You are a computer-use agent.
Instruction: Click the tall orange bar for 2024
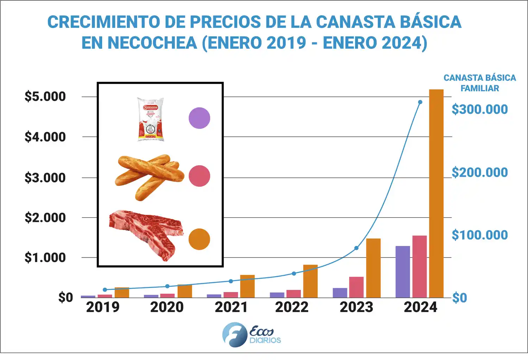click(x=436, y=194)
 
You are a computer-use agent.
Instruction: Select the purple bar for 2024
click(x=403, y=272)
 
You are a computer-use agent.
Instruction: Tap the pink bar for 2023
click(x=356, y=287)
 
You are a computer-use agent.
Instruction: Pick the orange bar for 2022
click(x=310, y=281)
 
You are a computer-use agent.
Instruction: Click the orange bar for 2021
click(x=247, y=286)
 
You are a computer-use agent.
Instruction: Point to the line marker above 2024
click(x=420, y=102)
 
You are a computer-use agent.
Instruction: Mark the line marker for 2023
click(x=356, y=248)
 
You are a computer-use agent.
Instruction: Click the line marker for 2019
click(x=105, y=290)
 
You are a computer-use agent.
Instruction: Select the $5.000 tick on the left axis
click(x=45, y=97)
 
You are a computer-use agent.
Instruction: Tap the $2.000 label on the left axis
click(x=45, y=218)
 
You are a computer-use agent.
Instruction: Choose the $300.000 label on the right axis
click(x=479, y=109)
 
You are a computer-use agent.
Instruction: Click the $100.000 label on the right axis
click(x=479, y=235)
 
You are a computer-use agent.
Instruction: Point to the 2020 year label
click(x=167, y=307)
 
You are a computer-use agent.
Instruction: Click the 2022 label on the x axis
click(x=292, y=307)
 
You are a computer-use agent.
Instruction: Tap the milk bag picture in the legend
click(x=150, y=119)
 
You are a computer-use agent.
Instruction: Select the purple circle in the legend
click(x=199, y=118)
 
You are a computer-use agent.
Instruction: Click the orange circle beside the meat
click(x=199, y=239)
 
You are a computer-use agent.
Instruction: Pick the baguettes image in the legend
click(x=150, y=176)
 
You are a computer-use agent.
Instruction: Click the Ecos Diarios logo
click(x=252, y=335)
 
